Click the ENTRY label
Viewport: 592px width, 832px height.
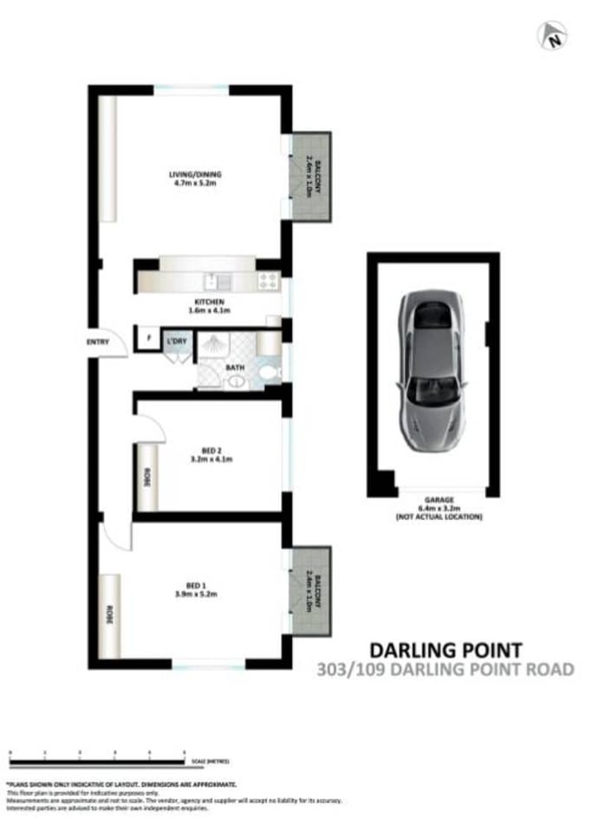click(x=98, y=342)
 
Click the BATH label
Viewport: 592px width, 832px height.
click(x=234, y=367)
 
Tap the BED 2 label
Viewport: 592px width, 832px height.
click(x=211, y=451)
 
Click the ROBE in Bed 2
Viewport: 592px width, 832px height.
click(x=146, y=477)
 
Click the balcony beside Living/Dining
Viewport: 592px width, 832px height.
click(x=311, y=176)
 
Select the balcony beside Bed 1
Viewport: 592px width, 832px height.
click(x=311, y=592)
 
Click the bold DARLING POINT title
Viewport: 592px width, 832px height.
click(x=446, y=649)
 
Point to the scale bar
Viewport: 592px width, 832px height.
click(x=97, y=762)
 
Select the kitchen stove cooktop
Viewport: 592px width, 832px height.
click(x=268, y=281)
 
